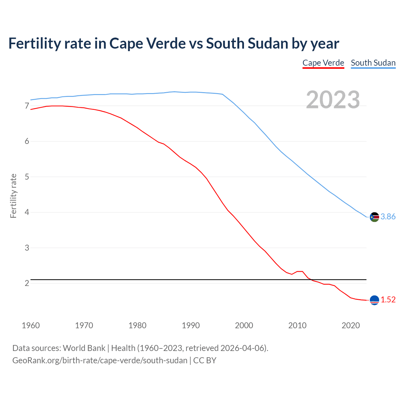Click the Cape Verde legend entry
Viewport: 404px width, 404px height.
[x=323, y=63]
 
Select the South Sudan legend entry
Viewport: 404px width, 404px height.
[x=373, y=63]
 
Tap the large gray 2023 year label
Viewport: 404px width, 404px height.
[x=333, y=100]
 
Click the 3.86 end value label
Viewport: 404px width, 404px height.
[x=388, y=217]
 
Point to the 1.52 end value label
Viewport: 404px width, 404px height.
[x=388, y=300]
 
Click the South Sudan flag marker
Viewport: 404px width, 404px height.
[x=374, y=217]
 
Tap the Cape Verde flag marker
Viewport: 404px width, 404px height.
[x=374, y=300]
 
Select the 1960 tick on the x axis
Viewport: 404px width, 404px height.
[x=31, y=325]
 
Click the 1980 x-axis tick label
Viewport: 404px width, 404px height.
[x=137, y=325]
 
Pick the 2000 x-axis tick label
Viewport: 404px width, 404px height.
[x=244, y=325]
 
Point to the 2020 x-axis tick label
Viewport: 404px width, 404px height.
[x=351, y=325]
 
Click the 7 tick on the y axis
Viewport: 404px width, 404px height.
[x=27, y=106]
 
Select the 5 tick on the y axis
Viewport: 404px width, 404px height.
[x=27, y=177]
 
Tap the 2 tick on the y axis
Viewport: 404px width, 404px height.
[x=27, y=283]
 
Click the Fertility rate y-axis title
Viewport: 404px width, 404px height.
[x=13, y=196]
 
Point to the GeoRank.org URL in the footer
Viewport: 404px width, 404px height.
[x=100, y=360]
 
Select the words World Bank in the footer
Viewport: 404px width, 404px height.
[x=84, y=348]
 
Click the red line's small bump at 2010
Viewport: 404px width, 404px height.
[x=300, y=271]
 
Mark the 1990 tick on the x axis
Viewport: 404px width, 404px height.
[x=191, y=325]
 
